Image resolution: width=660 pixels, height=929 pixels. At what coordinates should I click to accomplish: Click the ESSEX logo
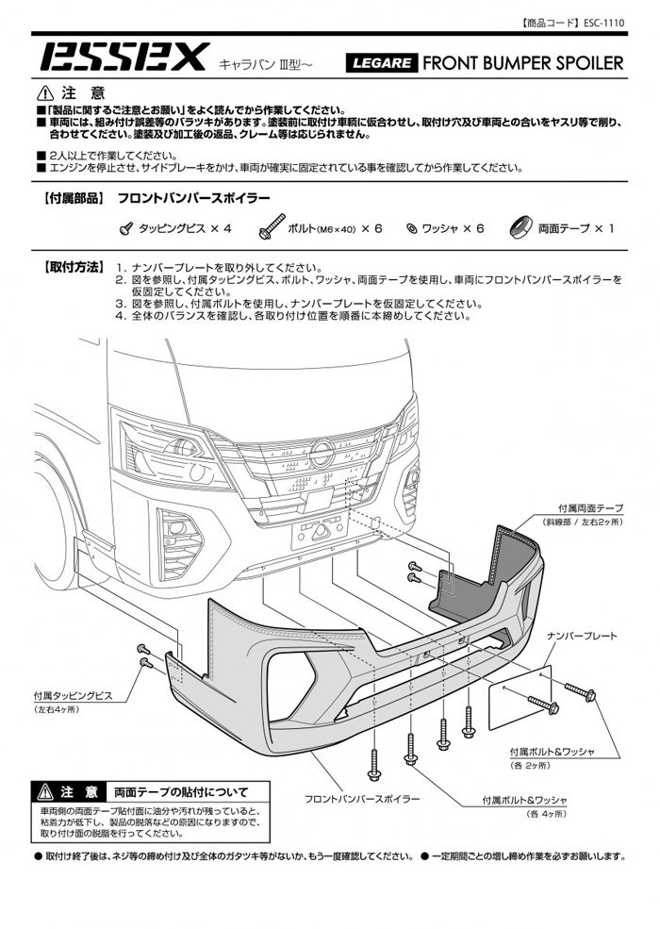123,59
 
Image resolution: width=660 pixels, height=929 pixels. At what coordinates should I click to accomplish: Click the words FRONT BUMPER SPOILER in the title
523,63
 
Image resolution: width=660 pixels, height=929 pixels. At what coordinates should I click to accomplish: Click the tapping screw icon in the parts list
125,227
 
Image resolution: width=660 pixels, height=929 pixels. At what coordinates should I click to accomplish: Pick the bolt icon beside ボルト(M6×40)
267,227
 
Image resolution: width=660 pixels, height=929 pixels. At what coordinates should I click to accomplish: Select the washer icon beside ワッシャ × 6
411,228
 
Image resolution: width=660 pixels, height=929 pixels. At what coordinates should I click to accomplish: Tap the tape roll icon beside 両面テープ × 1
520,227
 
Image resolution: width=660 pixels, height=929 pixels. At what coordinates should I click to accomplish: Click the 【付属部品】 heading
73,200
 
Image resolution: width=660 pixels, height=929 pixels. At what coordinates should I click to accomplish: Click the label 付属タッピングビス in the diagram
72,695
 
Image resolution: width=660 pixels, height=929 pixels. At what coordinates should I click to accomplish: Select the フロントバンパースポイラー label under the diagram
362,799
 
